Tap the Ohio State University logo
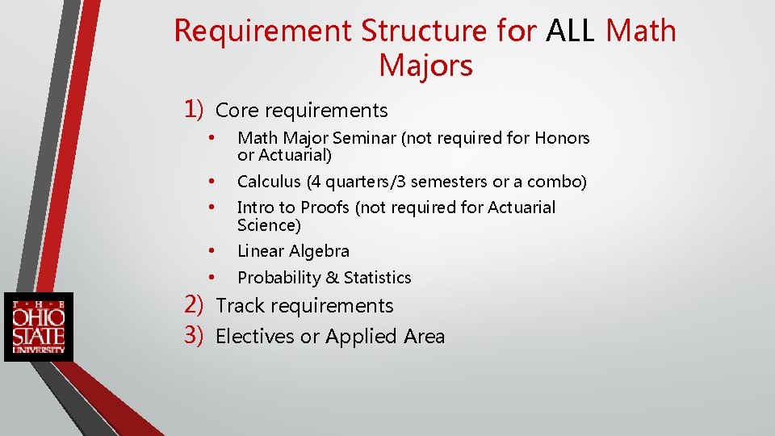tap(38, 326)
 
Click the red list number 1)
tap(197, 109)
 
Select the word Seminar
tap(367, 138)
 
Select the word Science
tap(266, 225)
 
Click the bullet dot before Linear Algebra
tap(211, 250)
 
